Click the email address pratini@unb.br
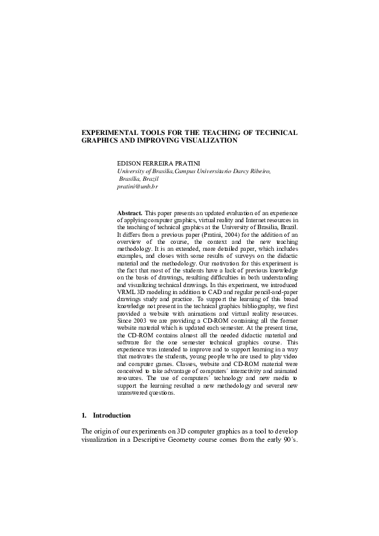(137, 187)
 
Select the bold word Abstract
(129, 212)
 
